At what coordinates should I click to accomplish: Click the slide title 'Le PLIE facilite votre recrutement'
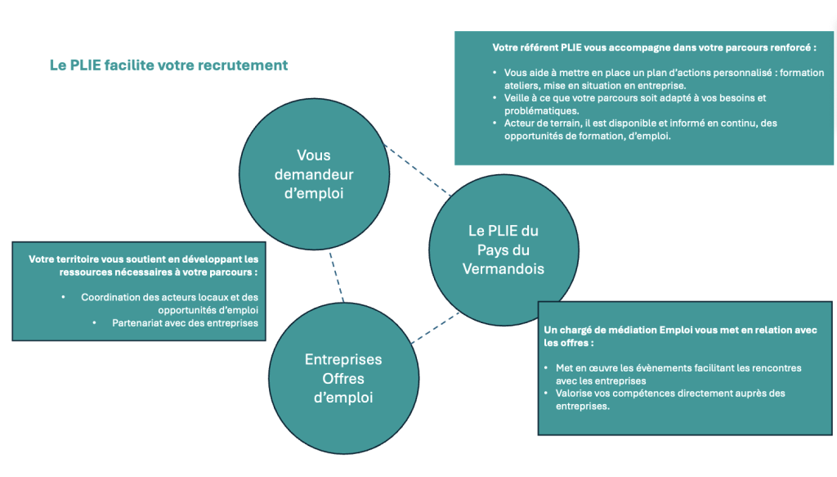[x=169, y=65]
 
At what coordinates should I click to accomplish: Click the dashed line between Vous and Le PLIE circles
[x=417, y=171]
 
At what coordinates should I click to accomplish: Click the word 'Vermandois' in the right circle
[x=503, y=268]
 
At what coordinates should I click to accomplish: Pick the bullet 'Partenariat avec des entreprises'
[x=185, y=323]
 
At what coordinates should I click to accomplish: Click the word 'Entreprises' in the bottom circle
[x=343, y=360]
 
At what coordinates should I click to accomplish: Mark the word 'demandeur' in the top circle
[x=314, y=174]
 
